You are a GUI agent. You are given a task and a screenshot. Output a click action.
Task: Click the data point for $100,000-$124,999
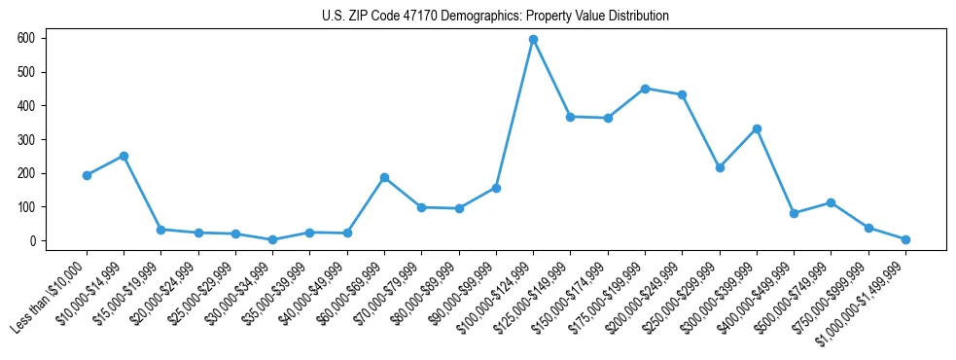pos(533,40)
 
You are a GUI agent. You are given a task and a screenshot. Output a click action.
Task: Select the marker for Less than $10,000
pos(87,175)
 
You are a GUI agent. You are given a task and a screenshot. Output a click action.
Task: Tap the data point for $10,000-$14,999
pos(124,156)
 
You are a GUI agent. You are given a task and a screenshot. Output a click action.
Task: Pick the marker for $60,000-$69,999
pos(384,177)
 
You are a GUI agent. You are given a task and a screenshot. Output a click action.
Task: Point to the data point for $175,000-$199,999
pos(645,89)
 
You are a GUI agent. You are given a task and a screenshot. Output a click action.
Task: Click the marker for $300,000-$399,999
pos(757,128)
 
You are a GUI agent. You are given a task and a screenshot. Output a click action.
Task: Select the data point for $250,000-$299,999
pos(720,167)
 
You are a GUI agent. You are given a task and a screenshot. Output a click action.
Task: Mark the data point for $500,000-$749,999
pos(832,202)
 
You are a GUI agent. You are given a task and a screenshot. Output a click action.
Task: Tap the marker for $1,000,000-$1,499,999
pos(905,239)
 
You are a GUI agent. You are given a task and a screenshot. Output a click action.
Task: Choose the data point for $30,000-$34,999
pos(272,239)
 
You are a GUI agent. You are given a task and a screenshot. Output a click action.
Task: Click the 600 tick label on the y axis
pos(26,38)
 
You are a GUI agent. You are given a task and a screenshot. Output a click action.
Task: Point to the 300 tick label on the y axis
pos(26,139)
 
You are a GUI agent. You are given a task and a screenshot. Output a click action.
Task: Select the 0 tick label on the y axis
pos(32,241)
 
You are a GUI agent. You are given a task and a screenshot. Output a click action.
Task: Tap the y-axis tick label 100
pos(26,207)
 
